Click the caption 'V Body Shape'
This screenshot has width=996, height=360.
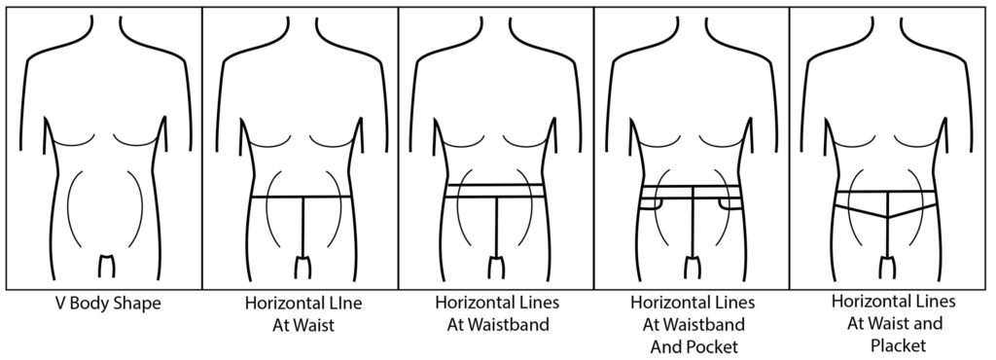pos(104,304)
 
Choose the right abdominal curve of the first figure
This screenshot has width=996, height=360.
pos(140,209)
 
